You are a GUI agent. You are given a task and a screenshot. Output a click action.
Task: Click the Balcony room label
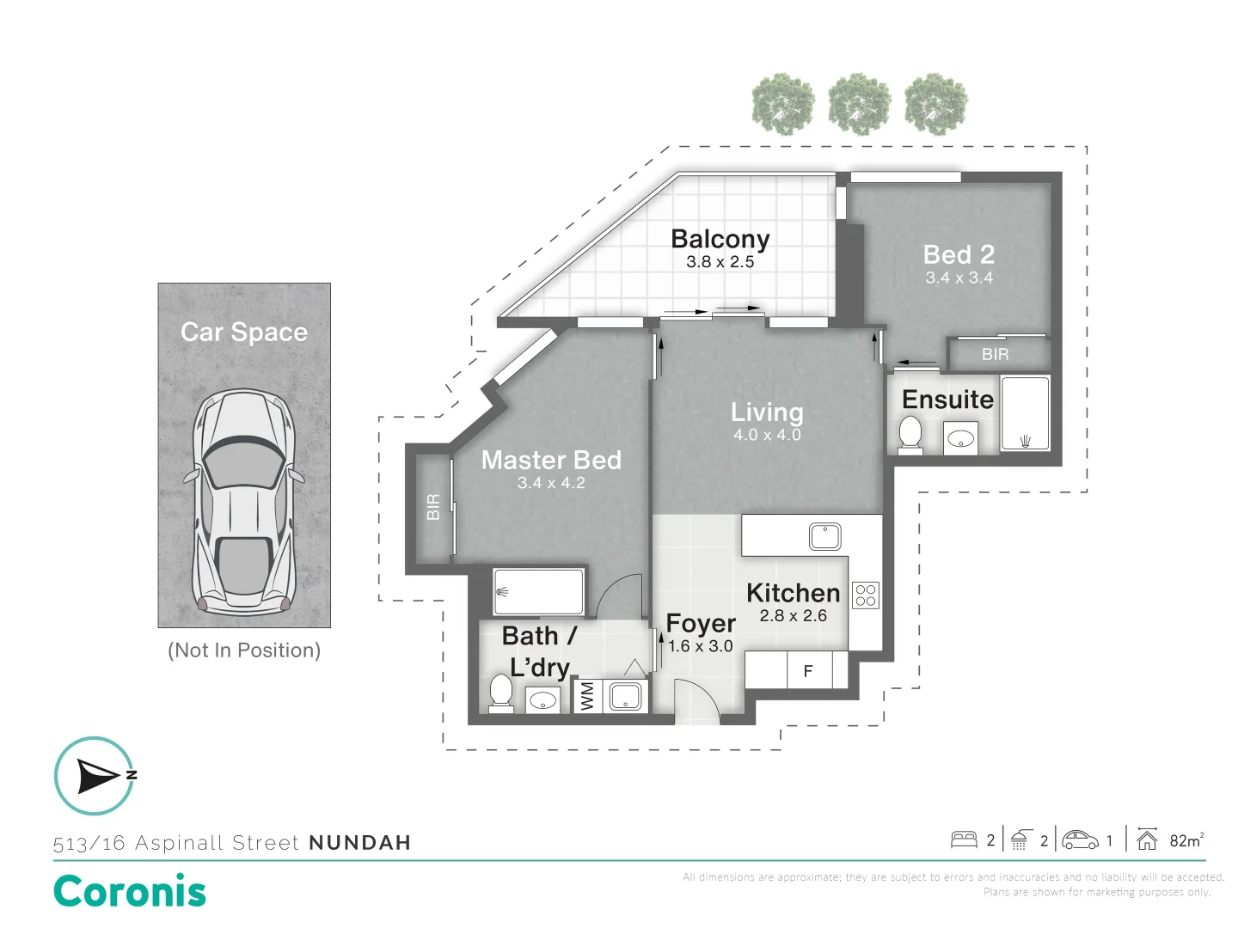pos(720,240)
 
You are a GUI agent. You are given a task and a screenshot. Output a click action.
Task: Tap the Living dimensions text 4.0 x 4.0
pos(767,435)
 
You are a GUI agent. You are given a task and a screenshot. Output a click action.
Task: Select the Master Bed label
pos(551,460)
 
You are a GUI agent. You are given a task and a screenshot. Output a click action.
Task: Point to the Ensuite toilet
pos(910,435)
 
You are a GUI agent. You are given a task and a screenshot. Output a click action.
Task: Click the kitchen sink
pos(824,536)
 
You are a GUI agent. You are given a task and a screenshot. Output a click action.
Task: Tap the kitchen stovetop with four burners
pos(865,595)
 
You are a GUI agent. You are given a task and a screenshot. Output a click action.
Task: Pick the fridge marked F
pos(809,670)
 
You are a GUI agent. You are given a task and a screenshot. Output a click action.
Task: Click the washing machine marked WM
pos(587,696)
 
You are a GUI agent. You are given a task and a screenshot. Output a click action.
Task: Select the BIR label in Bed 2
pos(995,354)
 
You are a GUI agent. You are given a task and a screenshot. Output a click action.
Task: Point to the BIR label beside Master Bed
pos(433,507)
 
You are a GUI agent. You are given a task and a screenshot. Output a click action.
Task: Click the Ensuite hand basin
pos(960,438)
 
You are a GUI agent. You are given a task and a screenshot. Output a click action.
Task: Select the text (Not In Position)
pos(244,650)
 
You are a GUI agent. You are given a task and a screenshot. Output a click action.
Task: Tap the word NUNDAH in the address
pos(360,843)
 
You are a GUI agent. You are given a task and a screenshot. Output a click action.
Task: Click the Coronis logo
pos(130,891)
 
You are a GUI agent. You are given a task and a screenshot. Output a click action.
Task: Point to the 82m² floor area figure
pos(1186,840)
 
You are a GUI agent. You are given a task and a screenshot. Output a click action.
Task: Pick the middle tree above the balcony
pos(860,104)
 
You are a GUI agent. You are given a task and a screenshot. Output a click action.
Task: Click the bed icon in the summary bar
pos(964,840)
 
